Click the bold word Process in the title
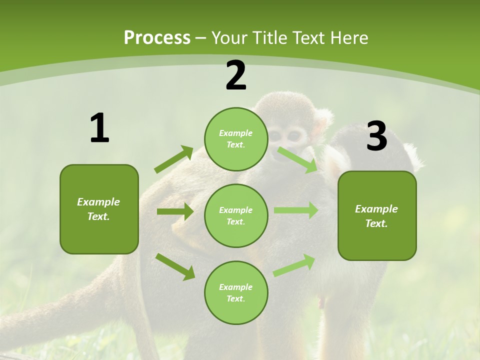coord(157,37)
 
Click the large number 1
coord(99,128)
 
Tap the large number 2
coord(236,75)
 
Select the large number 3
coord(376,137)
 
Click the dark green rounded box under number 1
coord(99,209)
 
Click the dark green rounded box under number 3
coord(377,215)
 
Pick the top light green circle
coord(236,139)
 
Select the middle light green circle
coord(236,215)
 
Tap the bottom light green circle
coord(236,292)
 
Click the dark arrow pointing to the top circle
coord(173,159)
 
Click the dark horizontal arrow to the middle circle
coord(174,211)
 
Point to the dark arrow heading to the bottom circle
coord(175,266)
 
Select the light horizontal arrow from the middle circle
coord(295,210)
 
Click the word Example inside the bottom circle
coord(236,287)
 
